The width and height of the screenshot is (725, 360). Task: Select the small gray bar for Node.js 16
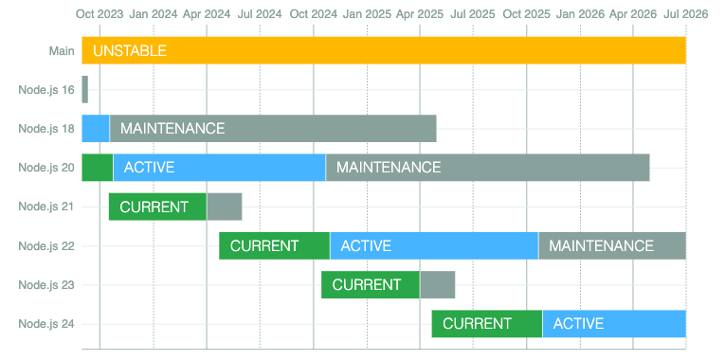click(x=84, y=89)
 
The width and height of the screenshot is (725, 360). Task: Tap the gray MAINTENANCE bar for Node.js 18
click(x=273, y=128)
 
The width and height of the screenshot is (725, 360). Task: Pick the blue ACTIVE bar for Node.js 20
click(x=219, y=167)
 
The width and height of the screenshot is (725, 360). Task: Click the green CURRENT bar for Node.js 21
click(x=157, y=207)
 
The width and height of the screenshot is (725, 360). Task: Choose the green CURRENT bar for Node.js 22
click(x=274, y=245)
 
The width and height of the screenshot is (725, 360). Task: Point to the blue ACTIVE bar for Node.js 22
click(x=434, y=245)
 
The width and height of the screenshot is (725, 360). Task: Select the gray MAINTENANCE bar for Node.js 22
click(x=611, y=245)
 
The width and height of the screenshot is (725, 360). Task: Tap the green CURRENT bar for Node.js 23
click(x=371, y=284)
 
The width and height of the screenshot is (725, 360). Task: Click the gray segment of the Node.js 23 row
click(x=437, y=284)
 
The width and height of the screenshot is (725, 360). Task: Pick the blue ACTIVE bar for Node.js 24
click(x=613, y=324)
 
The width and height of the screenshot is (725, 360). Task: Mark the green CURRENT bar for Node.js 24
click(x=486, y=324)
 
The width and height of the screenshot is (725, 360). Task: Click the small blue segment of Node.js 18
click(x=96, y=128)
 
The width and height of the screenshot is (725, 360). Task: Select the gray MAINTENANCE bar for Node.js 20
click(x=487, y=167)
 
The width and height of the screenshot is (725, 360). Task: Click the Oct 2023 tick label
click(x=99, y=14)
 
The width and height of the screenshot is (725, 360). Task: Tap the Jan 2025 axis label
click(x=366, y=14)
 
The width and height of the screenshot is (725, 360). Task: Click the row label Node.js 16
click(x=46, y=89)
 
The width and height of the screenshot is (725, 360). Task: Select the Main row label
click(x=62, y=50)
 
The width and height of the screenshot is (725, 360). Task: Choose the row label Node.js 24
click(x=46, y=324)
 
